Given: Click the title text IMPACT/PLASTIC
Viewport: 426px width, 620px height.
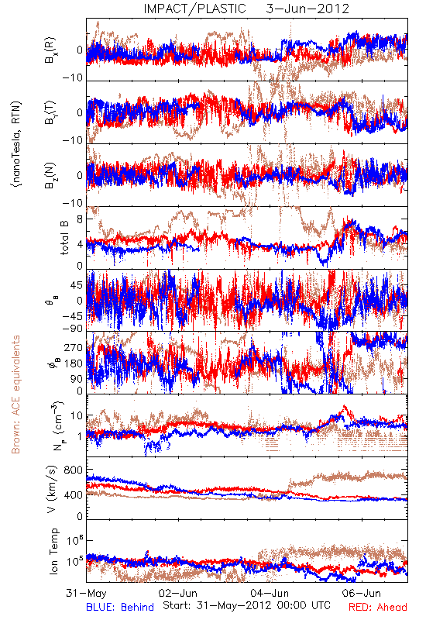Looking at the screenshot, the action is click(x=194, y=9).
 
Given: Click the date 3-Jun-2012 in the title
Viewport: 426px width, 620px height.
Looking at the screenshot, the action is click(x=307, y=9).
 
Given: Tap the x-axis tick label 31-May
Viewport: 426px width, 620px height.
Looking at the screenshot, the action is click(x=86, y=593).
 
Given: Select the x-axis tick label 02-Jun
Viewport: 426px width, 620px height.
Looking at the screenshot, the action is click(x=178, y=593).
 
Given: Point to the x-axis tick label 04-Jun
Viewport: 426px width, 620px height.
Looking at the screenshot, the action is click(x=270, y=593).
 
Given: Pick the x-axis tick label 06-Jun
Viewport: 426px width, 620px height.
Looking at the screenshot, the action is click(x=362, y=593).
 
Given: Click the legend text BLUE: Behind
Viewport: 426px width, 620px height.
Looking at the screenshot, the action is click(x=120, y=607).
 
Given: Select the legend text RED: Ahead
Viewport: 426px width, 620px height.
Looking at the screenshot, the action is click(x=378, y=607).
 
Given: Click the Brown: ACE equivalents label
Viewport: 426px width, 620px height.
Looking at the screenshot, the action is click(x=15, y=394).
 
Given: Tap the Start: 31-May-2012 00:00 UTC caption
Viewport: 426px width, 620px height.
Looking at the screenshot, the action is click(x=246, y=605).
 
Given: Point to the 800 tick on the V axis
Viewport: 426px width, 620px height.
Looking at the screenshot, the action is click(x=74, y=470).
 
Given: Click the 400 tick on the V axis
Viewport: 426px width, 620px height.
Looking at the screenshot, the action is click(x=74, y=494).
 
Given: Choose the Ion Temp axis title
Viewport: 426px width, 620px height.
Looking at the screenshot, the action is click(x=53, y=551).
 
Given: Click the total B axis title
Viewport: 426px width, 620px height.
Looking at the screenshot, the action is click(x=64, y=237).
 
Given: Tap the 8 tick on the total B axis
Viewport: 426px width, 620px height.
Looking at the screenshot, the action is click(x=81, y=219).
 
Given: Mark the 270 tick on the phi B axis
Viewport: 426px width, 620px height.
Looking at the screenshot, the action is click(x=74, y=347).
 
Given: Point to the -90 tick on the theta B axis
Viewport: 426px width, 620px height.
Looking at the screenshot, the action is click(x=73, y=328).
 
